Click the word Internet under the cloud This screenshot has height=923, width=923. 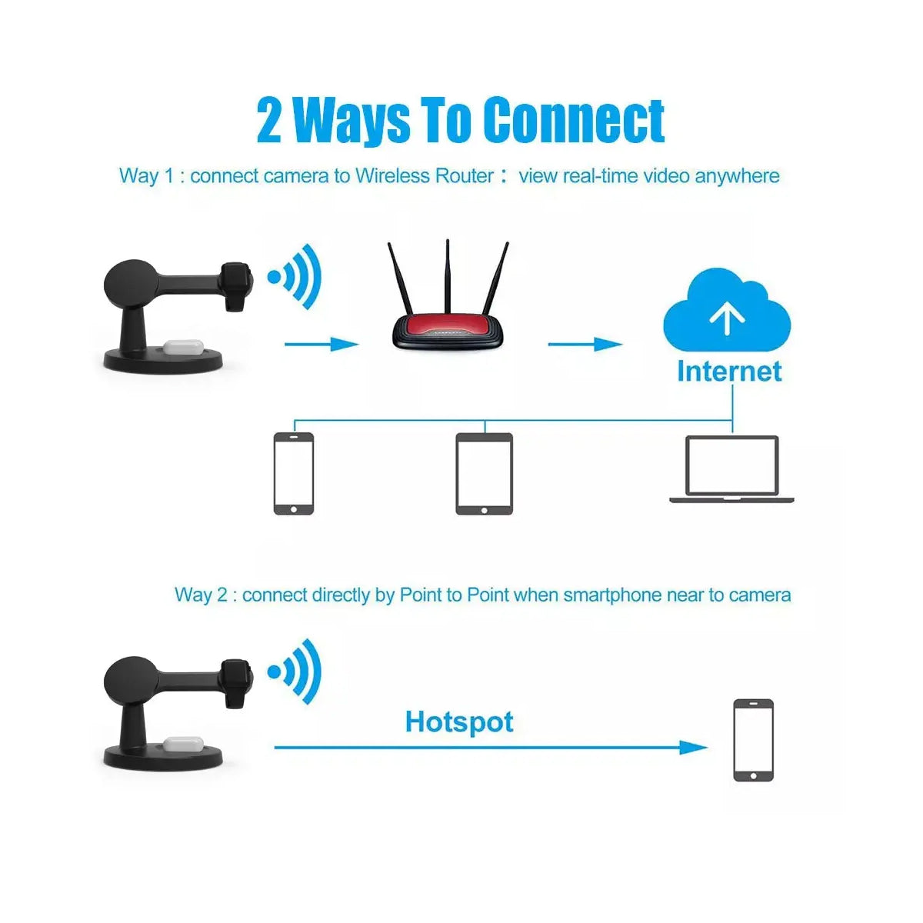tap(729, 372)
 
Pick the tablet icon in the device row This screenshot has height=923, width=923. tap(484, 474)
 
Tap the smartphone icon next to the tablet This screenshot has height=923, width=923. tap(294, 474)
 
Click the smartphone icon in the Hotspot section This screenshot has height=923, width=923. tap(754, 740)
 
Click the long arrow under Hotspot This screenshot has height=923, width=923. tap(491, 747)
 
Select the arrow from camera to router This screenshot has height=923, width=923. tap(322, 344)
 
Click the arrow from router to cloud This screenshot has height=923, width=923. tap(585, 344)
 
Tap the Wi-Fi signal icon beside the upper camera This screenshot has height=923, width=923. tap(294, 277)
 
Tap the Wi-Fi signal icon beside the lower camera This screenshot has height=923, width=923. tap(294, 671)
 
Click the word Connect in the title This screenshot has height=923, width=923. tap(573, 120)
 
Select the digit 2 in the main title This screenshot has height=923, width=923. tap(268, 120)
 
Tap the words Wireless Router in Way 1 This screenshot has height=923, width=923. tap(425, 176)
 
